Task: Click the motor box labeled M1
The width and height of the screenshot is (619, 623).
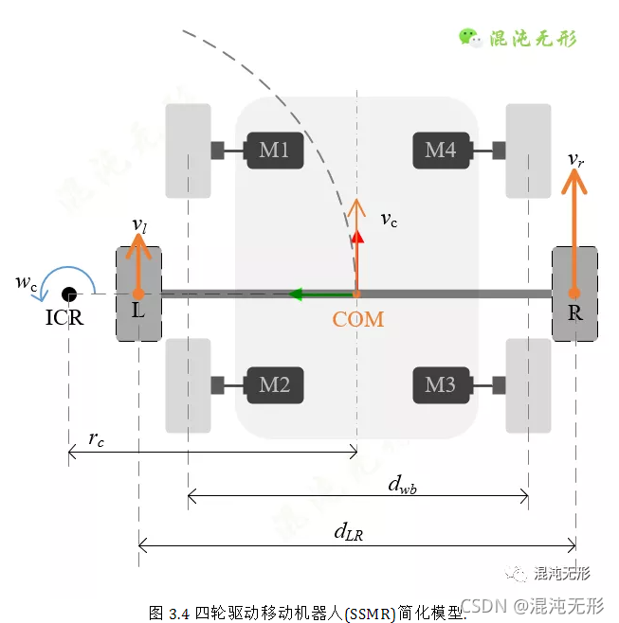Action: click(x=275, y=150)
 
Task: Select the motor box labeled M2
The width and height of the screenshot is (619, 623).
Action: click(x=275, y=384)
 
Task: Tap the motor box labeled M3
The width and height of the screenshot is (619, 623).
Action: click(x=441, y=384)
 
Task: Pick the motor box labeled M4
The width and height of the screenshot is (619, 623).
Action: click(x=441, y=150)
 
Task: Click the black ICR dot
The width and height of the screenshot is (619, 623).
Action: click(x=68, y=294)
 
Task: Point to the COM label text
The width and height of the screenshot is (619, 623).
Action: click(x=358, y=320)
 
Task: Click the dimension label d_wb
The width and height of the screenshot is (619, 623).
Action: click(x=403, y=485)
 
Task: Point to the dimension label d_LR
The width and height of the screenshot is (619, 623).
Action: click(x=348, y=532)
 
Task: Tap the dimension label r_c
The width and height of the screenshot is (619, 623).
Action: click(x=96, y=439)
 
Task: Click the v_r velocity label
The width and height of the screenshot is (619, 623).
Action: click(x=575, y=159)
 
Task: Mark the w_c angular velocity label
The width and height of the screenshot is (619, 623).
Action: click(x=27, y=282)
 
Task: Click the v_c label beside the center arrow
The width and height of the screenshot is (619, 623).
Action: click(x=389, y=220)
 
